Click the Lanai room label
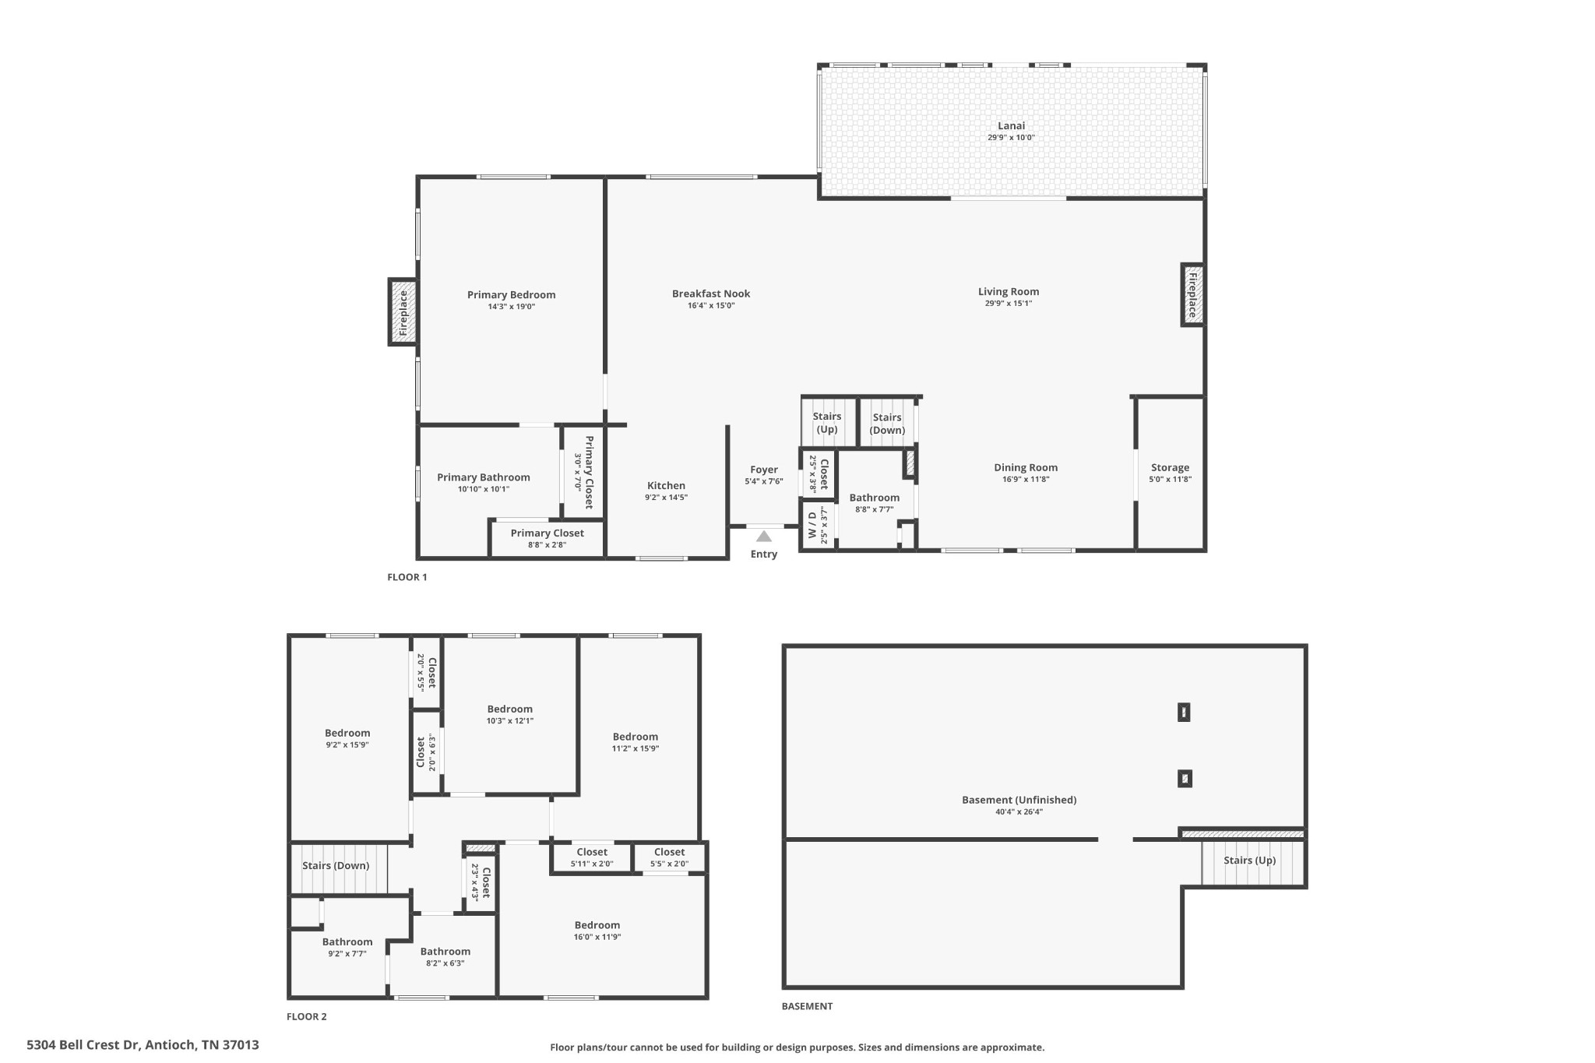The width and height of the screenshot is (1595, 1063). [x=1011, y=125]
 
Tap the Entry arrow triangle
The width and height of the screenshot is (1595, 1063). [x=763, y=537]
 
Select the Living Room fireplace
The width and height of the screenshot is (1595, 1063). [x=1192, y=294]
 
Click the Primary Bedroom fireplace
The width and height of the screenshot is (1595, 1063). [x=403, y=312]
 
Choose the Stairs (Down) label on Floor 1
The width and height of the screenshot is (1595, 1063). [x=887, y=424]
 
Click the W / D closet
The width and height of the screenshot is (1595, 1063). [x=817, y=524]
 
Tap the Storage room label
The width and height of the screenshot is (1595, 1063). [x=1170, y=467]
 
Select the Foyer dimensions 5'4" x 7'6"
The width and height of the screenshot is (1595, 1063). [x=763, y=481]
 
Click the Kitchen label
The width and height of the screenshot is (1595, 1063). [x=666, y=485]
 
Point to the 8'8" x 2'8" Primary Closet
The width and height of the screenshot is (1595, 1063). [x=548, y=539]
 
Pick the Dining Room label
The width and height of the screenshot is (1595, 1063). [x=1026, y=467]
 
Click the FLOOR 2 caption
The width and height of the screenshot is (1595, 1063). [x=307, y=1016]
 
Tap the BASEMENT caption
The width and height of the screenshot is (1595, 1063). [x=807, y=1006]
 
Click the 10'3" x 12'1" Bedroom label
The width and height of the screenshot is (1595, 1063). [x=510, y=709]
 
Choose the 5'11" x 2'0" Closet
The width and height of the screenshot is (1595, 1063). [x=592, y=857]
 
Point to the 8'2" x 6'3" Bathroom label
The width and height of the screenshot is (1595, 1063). [x=445, y=951]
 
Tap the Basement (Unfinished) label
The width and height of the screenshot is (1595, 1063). [x=1019, y=800]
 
